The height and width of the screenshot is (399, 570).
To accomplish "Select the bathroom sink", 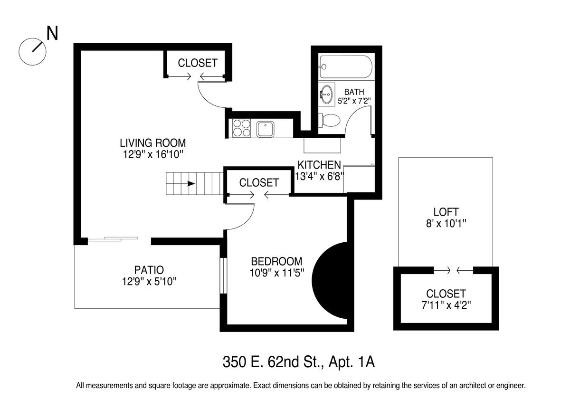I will (x=326, y=94).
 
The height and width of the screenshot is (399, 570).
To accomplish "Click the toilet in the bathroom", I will (x=329, y=120).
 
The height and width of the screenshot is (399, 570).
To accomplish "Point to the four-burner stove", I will (x=242, y=127).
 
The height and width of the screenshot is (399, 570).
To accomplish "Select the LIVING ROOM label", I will (x=152, y=142).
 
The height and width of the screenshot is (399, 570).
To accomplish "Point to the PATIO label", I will (x=149, y=270).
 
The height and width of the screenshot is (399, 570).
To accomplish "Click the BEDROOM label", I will (x=276, y=261).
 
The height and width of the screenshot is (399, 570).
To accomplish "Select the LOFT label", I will (x=446, y=212).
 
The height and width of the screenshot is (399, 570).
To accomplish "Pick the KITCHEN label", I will (x=319, y=165).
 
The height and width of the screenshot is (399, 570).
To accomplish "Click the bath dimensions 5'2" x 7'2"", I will (x=354, y=101).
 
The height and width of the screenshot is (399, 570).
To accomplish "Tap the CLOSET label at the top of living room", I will (x=198, y=63).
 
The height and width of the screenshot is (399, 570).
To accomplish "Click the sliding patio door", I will (x=113, y=238).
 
